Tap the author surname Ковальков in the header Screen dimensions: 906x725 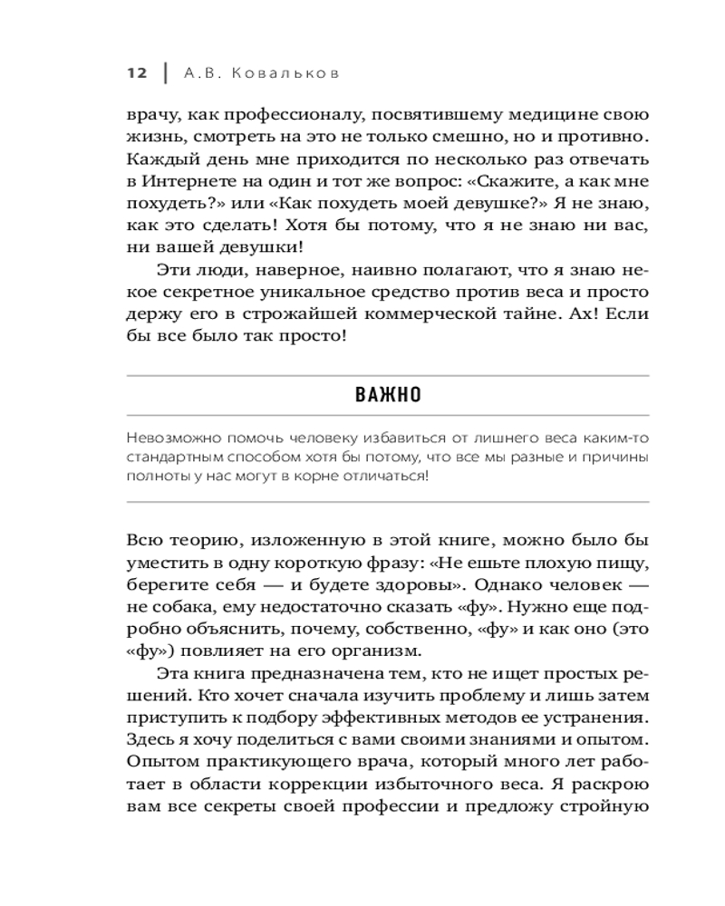coord(286,73)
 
